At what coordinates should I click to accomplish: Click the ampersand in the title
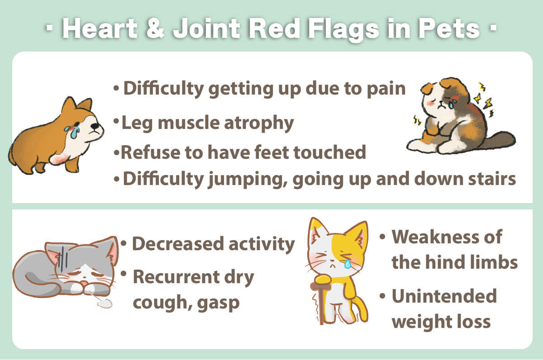coord(155,28)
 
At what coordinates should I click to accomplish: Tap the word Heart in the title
coord(100,28)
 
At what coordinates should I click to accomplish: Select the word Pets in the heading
coord(449,28)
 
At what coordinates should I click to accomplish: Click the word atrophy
coord(259,123)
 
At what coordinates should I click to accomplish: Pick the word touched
coord(330,152)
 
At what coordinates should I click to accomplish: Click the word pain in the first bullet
coord(386,89)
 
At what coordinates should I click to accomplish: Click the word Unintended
coord(444,296)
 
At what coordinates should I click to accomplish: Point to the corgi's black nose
coord(95,126)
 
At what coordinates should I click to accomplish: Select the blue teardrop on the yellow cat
coord(348,264)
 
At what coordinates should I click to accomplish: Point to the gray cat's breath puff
coord(105,303)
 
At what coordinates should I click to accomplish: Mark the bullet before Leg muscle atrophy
coord(116,121)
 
